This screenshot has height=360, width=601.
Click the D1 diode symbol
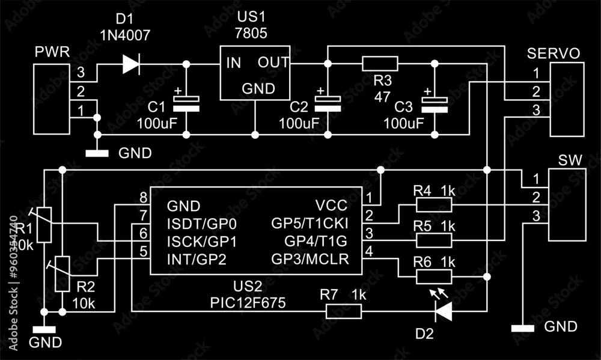point(131,64)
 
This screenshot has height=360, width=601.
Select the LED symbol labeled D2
point(444,311)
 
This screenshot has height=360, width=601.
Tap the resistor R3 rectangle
point(380,64)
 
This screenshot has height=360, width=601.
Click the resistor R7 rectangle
point(344,311)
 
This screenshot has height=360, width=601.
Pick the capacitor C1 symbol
point(186,103)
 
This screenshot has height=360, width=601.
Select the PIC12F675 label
point(247,302)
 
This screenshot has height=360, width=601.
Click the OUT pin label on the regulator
point(273,63)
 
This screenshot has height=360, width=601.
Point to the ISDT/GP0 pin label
point(201,224)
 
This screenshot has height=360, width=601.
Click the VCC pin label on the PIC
point(329,206)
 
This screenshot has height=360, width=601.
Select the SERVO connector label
point(554,53)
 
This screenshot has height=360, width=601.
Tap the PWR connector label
point(52,52)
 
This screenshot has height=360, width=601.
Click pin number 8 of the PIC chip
point(143,198)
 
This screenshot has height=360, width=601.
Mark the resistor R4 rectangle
point(434,206)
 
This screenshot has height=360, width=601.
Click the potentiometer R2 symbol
point(63,273)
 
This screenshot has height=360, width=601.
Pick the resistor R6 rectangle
point(434,276)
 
